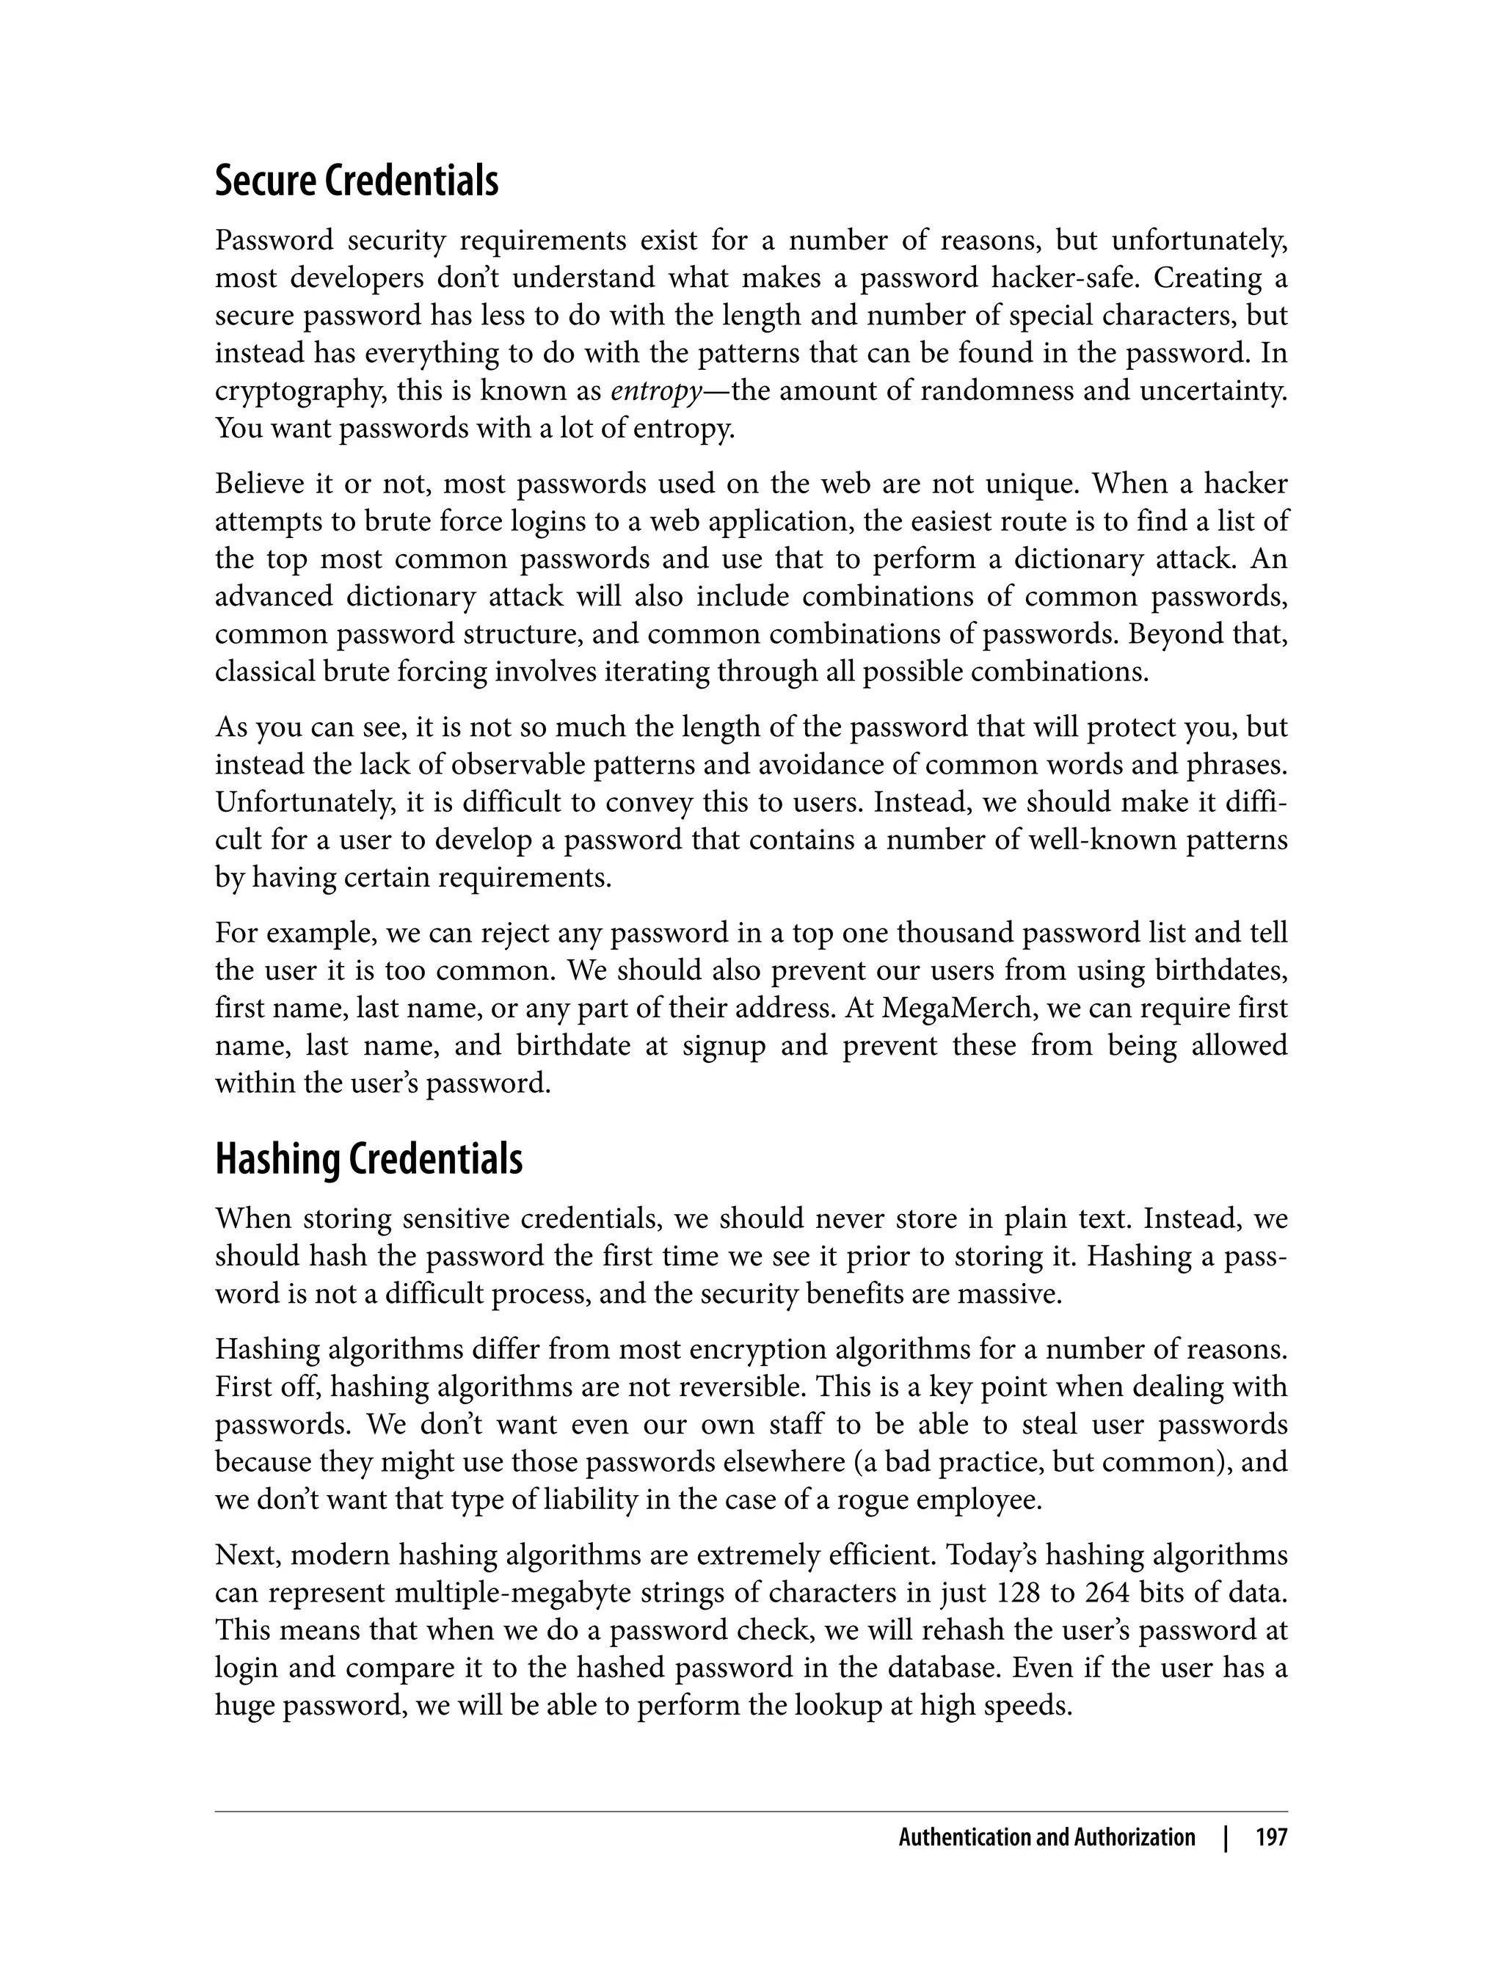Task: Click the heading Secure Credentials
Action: (356, 181)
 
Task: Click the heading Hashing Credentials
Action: (368, 1160)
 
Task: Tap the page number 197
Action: (1270, 1838)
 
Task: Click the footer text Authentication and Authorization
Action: (1046, 1838)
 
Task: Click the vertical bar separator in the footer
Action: (1226, 1838)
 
